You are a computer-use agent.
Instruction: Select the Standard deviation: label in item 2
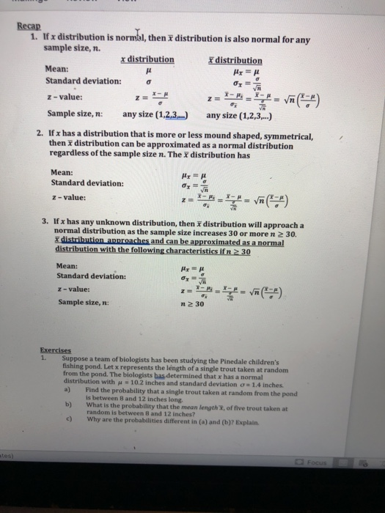[x=87, y=183]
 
